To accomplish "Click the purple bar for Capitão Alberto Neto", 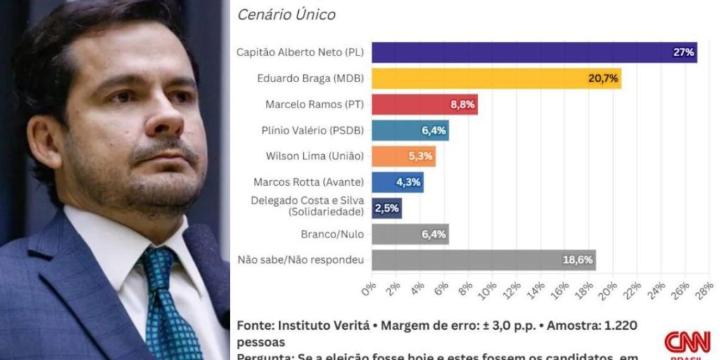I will (534, 53).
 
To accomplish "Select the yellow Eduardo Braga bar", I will (496, 78).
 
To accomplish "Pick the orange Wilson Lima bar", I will (403, 156).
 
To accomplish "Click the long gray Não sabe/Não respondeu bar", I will (483, 259).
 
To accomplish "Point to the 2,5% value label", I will (387, 208).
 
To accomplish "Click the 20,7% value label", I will (603, 78).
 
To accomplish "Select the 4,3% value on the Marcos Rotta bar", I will (409, 182).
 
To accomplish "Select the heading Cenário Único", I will (286, 14).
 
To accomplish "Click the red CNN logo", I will (687, 342).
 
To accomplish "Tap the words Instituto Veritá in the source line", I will (323, 326).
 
